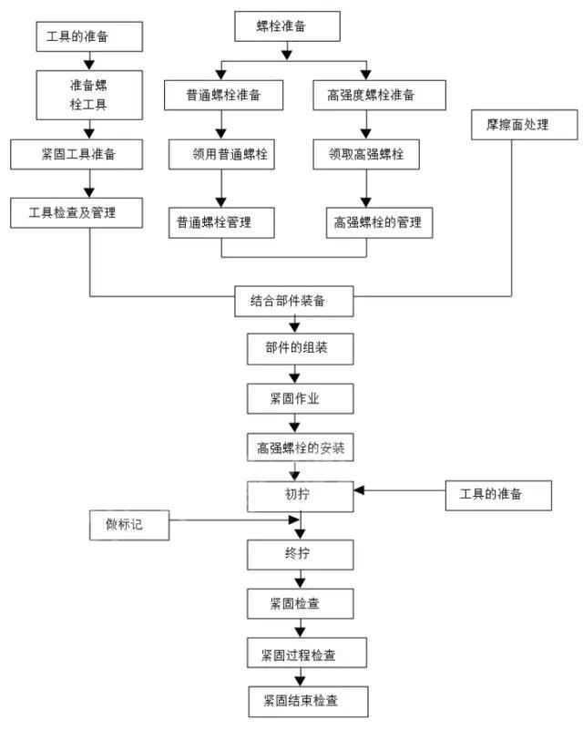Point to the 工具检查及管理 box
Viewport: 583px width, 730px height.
pos(77,212)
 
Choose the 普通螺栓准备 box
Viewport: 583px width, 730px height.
pos(222,95)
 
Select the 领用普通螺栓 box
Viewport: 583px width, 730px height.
pos(222,154)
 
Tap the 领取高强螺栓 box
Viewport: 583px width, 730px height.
pos(366,154)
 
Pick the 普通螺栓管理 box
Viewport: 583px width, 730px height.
pos(221,221)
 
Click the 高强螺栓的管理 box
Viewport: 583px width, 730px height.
pos(378,221)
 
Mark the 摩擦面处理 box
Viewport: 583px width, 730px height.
pos(524,124)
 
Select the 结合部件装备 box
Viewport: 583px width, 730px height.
pos(288,301)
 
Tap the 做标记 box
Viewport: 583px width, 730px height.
pos(129,525)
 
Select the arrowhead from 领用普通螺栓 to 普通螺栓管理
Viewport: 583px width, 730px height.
pos(221,201)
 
